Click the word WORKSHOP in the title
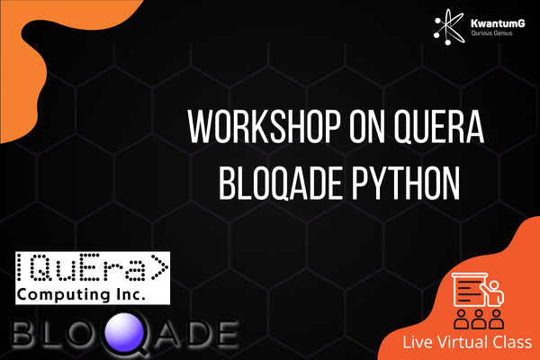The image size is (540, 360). (x=264, y=126)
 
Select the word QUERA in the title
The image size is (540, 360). (x=439, y=126)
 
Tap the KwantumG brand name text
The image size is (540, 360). (x=498, y=23)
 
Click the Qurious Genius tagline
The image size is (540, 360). (x=491, y=33)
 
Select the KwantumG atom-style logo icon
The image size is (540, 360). (x=449, y=27)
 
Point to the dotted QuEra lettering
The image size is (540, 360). (x=93, y=267)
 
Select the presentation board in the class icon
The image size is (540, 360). (x=470, y=290)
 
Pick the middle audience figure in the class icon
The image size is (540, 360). (x=479, y=319)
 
